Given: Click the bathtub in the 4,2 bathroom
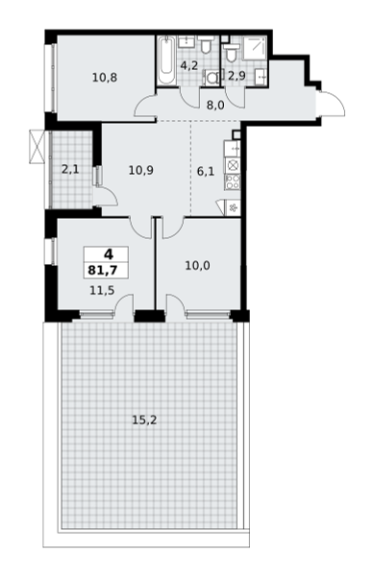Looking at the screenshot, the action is coord(166,60).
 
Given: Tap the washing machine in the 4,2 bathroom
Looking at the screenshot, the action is coord(212,78).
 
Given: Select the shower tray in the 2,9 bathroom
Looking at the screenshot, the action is coord(255,48).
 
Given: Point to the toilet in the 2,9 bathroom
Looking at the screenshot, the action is coord(231,53).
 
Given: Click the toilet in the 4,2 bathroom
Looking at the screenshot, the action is coord(206,45).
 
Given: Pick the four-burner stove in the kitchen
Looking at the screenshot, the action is coord(233,181).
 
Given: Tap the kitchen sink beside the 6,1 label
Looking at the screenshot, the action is coord(233,148).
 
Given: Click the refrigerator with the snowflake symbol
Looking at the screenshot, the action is coord(233,208).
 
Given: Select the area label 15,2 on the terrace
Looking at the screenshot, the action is coord(144,420).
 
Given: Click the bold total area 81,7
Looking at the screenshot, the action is coord(103,271).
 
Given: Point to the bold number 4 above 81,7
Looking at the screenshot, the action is coord(109,254).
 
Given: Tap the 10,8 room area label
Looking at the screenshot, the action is coord(105,78).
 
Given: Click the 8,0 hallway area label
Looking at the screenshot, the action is coord(215,106).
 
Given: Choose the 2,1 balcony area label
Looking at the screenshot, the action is coord(70,170).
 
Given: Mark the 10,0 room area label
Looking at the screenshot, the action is coord(197,265).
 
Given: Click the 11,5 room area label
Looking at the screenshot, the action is coord(102,291).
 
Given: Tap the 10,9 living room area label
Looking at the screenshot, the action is coord(141,170).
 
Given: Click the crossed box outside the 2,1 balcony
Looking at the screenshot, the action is coord(37,147).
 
